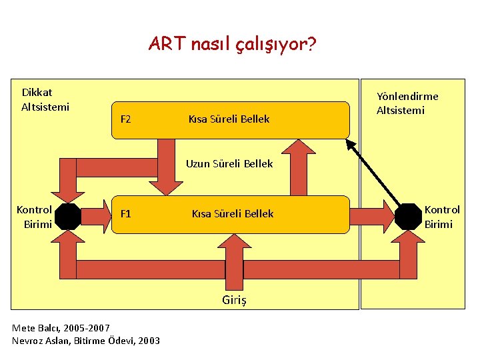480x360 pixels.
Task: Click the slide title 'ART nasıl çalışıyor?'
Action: (x=233, y=45)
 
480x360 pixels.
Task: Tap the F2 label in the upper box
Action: (x=125, y=119)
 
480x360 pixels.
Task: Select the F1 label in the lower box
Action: (x=125, y=214)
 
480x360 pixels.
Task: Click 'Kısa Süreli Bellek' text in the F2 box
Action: (x=229, y=119)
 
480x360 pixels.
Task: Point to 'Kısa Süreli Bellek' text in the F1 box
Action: (x=233, y=214)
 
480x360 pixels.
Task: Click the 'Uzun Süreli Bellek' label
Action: (x=229, y=164)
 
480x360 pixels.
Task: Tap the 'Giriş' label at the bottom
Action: (x=234, y=300)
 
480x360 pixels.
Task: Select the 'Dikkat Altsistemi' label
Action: (x=45, y=99)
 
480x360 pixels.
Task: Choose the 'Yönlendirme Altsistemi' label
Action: (x=407, y=103)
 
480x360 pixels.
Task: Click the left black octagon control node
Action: (x=68, y=215)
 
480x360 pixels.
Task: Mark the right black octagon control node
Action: (x=408, y=215)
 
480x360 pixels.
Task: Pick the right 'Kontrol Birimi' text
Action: (x=442, y=217)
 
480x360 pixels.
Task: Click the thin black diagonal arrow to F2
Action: (x=377, y=173)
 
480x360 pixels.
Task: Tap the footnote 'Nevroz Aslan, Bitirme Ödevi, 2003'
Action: (x=86, y=341)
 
